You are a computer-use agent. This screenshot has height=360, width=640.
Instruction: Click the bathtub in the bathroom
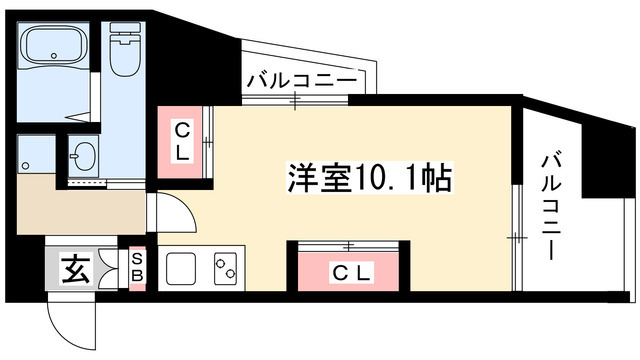pyautogui.click(x=56, y=49)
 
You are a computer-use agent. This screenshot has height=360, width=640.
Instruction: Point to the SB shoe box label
pyautogui.click(x=138, y=267)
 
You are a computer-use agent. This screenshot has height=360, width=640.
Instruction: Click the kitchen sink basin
pyautogui.click(x=181, y=269)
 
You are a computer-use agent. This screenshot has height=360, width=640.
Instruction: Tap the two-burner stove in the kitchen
pyautogui.click(x=225, y=268)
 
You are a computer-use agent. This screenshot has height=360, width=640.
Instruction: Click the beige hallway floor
pyautogui.click(x=80, y=206)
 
